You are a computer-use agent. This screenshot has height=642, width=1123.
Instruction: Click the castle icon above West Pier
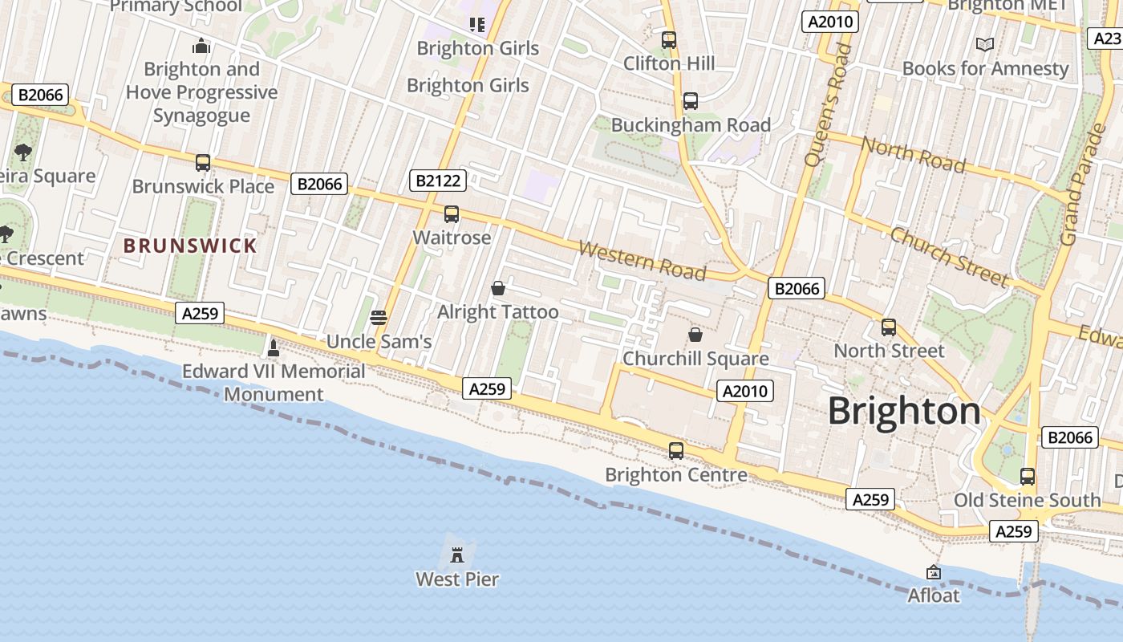pyautogui.click(x=457, y=554)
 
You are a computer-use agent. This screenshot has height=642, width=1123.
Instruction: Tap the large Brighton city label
pyautogui.click(x=904, y=411)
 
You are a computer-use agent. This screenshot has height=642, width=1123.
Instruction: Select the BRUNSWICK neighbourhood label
pyautogui.click(x=190, y=246)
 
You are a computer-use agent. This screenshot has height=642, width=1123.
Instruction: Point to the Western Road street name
pyautogui.click(x=642, y=261)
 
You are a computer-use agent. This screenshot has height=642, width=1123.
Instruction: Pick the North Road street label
pyautogui.click(x=913, y=154)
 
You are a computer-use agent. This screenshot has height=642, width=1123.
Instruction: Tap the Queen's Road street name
pyautogui.click(x=828, y=105)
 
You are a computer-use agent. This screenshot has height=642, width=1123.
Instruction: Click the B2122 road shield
pyautogui.click(x=439, y=180)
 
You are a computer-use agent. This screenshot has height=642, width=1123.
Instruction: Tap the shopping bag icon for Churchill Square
pyautogui.click(x=695, y=334)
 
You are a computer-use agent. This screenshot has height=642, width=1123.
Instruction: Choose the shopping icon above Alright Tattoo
pyautogui.click(x=498, y=287)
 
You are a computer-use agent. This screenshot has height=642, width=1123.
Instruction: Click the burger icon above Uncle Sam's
pyautogui.click(x=379, y=317)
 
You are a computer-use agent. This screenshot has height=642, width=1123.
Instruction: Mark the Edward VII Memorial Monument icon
pyautogui.click(x=274, y=347)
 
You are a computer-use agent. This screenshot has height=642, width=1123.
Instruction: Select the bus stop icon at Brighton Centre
pyautogui.click(x=676, y=451)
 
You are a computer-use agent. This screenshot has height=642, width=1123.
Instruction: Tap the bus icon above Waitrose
pyautogui.click(x=452, y=214)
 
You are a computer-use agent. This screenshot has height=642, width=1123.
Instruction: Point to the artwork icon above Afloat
pyautogui.click(x=933, y=572)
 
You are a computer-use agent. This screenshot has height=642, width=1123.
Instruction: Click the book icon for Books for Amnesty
pyautogui.click(x=985, y=45)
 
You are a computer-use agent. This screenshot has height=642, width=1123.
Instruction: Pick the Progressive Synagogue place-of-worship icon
pyautogui.click(x=201, y=46)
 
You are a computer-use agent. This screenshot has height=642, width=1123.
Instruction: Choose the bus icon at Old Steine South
pyautogui.click(x=1028, y=477)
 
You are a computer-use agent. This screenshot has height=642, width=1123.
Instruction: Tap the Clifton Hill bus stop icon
pyautogui.click(x=669, y=40)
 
